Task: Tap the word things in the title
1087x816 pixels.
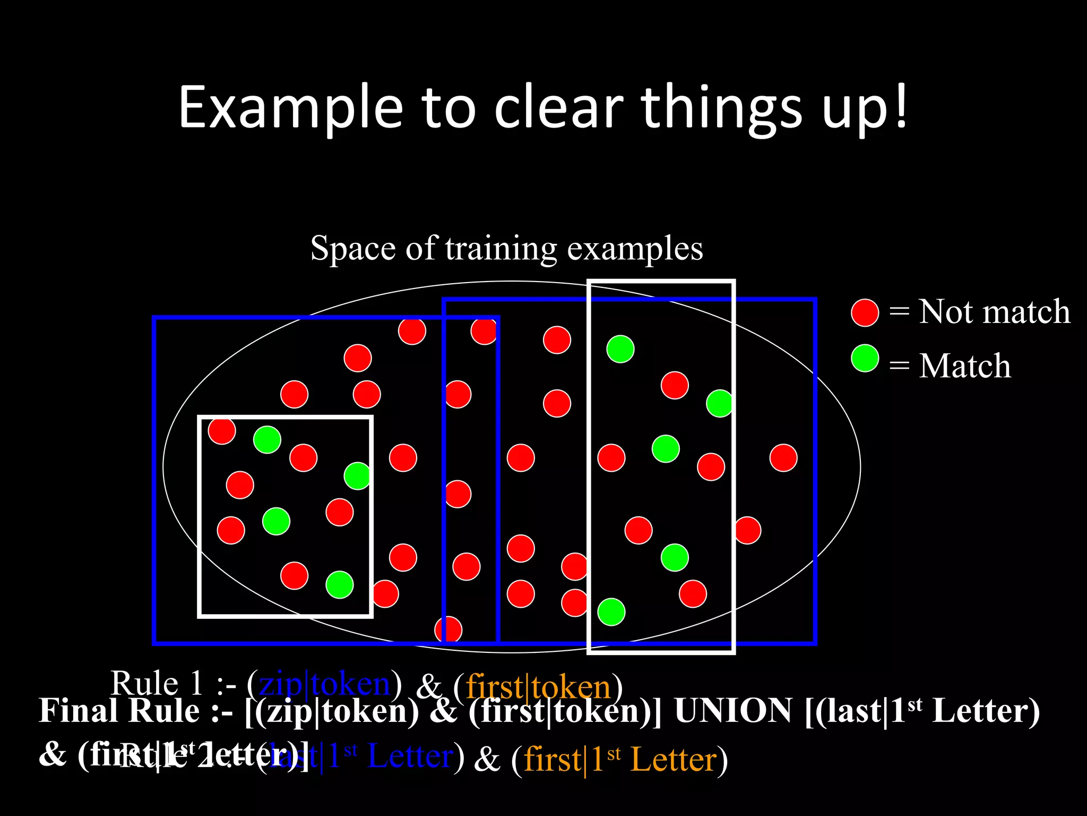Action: (722, 108)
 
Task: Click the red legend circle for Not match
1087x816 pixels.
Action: (865, 312)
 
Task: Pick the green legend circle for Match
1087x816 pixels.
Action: (865, 358)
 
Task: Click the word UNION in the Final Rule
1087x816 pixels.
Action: (732, 711)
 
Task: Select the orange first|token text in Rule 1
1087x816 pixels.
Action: (538, 686)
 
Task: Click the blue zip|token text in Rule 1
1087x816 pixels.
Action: (325, 684)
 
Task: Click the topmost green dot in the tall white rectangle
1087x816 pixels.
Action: (620, 349)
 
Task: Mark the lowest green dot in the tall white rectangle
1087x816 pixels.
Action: (611, 611)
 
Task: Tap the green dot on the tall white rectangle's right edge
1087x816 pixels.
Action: (720, 403)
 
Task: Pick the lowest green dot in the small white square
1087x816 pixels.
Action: (339, 584)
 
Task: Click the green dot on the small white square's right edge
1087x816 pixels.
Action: (357, 475)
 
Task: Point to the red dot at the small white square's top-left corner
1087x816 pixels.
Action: (221, 430)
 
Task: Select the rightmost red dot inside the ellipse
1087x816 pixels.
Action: (783, 457)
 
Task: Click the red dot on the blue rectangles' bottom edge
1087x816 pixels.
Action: (448, 630)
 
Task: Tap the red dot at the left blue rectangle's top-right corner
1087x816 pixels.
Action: (484, 331)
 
